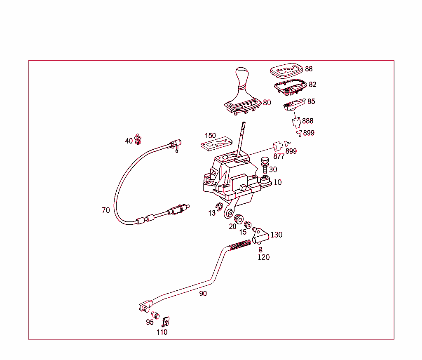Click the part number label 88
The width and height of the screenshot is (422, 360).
(309, 69)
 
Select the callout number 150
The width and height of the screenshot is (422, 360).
(210, 136)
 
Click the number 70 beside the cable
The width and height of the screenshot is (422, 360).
(106, 210)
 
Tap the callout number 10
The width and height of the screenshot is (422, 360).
(278, 182)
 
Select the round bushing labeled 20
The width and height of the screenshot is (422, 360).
(238, 219)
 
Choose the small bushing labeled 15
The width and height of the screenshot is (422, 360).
(248, 225)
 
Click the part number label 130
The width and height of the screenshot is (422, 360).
(276, 235)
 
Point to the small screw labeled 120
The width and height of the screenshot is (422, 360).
(260, 249)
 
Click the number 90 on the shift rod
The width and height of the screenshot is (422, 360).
(203, 294)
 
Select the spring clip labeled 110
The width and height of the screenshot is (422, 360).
(166, 322)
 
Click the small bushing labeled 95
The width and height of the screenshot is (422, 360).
(155, 315)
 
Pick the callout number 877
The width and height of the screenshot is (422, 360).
(279, 156)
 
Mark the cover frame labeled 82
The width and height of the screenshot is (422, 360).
(290, 85)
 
